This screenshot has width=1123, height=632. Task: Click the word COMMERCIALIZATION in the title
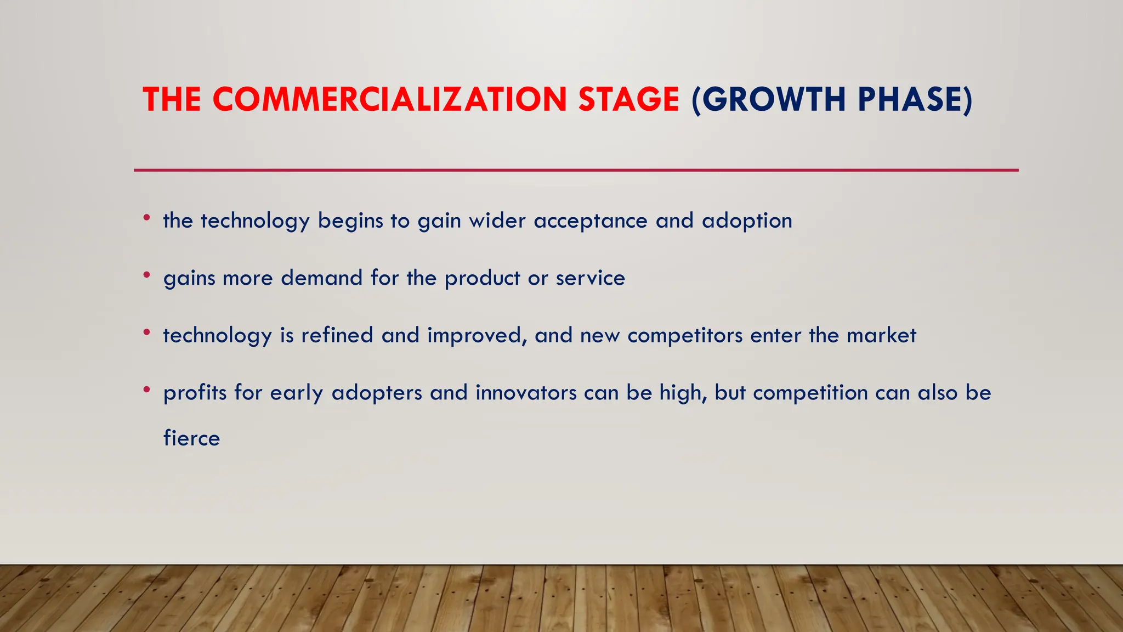pyautogui.click(x=389, y=100)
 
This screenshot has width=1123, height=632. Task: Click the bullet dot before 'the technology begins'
pyautogui.click(x=146, y=218)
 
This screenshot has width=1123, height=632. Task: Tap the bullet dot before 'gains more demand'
pyautogui.click(x=146, y=275)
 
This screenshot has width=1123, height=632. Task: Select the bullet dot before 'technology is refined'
pyautogui.click(x=146, y=332)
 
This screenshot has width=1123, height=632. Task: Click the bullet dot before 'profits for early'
pyautogui.click(x=146, y=390)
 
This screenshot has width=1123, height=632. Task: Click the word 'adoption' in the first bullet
pyautogui.click(x=747, y=221)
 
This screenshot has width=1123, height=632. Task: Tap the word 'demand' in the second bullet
pyautogui.click(x=321, y=278)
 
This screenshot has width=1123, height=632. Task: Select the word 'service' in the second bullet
pyautogui.click(x=591, y=278)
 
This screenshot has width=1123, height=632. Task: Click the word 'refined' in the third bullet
pyautogui.click(x=337, y=335)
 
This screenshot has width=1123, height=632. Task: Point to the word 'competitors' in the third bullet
pyautogui.click(x=685, y=335)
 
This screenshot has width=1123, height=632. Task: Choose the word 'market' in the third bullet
pyautogui.click(x=881, y=335)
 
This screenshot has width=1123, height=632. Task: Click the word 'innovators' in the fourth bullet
pyautogui.click(x=526, y=393)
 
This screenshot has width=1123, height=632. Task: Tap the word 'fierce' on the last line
pyautogui.click(x=191, y=438)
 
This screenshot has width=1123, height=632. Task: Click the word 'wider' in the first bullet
pyautogui.click(x=497, y=221)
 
